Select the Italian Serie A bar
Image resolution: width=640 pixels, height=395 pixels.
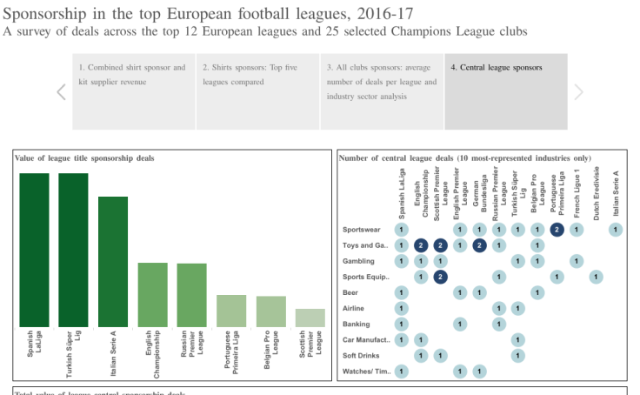coord(113,261)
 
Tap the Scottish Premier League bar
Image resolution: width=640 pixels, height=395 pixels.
coord(310,318)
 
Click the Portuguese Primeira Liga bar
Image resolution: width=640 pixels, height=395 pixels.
coord(231,311)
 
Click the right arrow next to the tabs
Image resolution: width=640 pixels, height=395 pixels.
coord(579,92)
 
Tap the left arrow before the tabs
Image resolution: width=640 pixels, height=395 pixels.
coord(61,92)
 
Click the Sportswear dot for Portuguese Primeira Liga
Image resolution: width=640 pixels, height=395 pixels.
coord(557,230)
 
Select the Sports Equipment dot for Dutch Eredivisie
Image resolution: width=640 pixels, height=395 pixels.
coord(596,277)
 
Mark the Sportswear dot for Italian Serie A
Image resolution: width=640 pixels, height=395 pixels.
coord(616,230)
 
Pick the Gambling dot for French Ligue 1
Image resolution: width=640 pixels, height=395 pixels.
coord(577,261)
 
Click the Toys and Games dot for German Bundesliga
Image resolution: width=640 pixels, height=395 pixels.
coord(479,245)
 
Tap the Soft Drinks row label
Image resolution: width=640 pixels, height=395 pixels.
coord(360,356)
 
